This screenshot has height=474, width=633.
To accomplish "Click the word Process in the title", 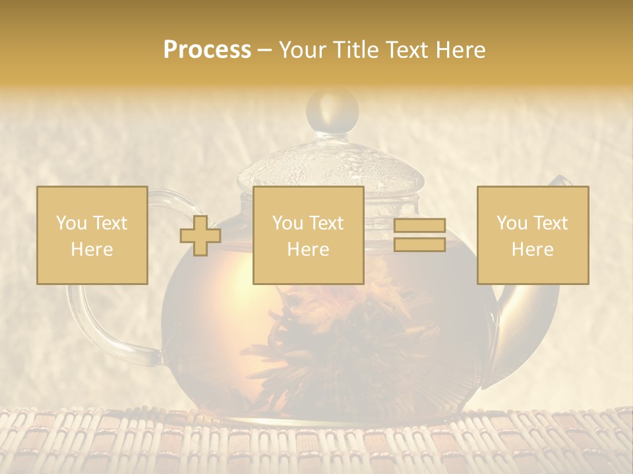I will coord(207,50).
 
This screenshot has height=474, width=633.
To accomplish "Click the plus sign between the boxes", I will coord(200,235).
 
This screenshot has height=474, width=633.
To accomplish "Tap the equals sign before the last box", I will coord(419,235).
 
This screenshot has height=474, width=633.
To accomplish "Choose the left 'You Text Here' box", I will coord(92,235).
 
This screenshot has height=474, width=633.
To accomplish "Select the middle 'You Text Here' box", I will coord(308,235).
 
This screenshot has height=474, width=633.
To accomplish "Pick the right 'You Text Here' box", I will coord(532,235).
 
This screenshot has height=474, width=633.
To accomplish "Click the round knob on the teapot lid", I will coord(332,109).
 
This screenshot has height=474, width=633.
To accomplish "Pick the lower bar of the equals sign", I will coord(419,244).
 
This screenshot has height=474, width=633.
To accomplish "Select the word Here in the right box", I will coord(532,249).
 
